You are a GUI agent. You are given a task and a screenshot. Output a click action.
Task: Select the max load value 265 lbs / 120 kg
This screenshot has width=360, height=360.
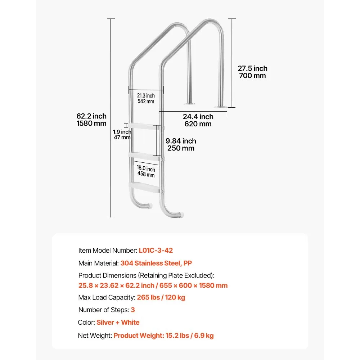(x=161, y=297)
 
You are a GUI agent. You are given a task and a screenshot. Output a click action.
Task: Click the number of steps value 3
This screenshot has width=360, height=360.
(x=133, y=310)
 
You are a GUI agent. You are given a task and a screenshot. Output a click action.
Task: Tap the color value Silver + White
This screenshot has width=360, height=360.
(x=118, y=322)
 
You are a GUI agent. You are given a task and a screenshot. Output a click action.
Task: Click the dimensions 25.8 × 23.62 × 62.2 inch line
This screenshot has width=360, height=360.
(x=153, y=285)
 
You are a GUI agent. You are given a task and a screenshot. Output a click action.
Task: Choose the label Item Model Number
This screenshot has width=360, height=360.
(x=107, y=250)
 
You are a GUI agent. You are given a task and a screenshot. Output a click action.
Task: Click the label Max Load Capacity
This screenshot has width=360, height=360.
(x=107, y=297)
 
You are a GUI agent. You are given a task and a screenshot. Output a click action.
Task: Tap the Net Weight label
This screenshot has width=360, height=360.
(x=95, y=336)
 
